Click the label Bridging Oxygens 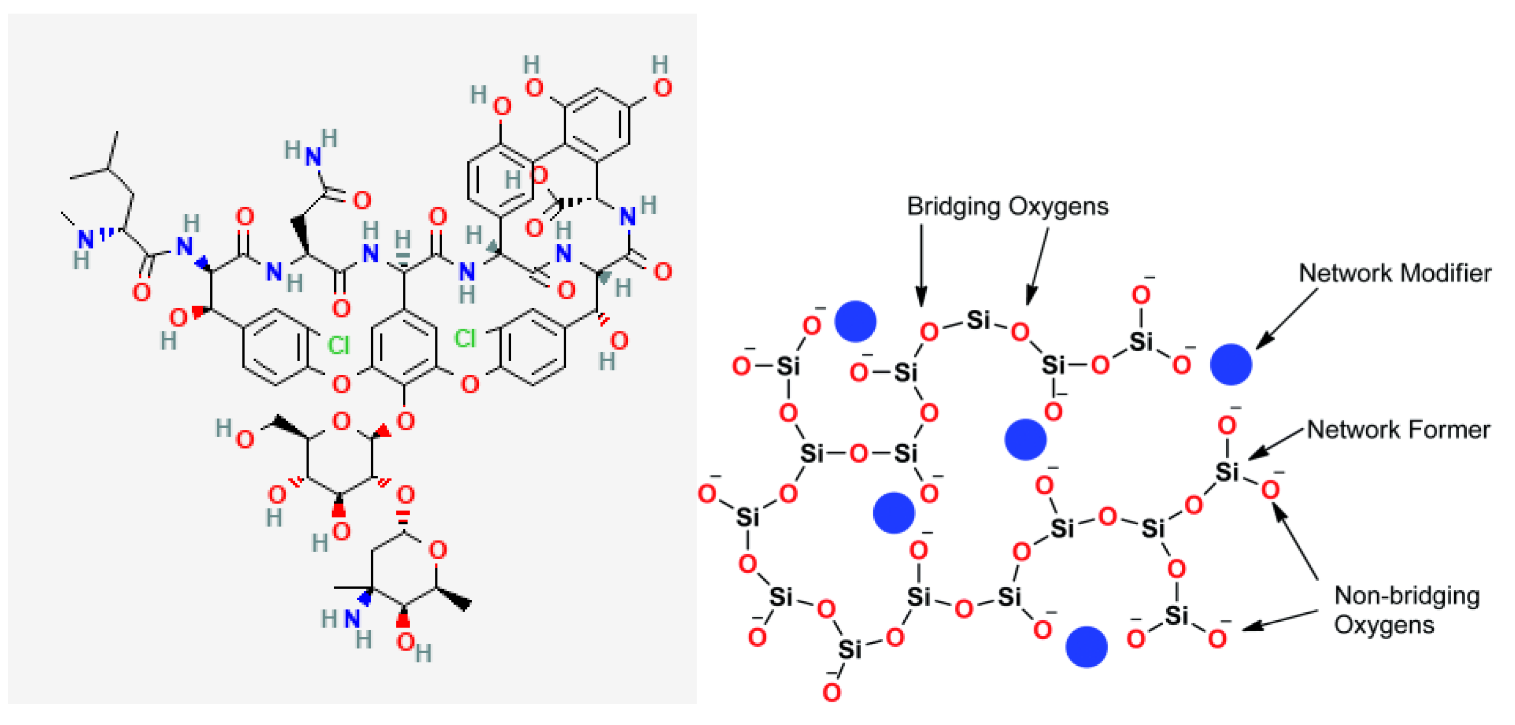click(1007, 207)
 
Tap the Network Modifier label click(1395, 273)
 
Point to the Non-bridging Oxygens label click(1406, 610)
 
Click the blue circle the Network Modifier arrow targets click(1231, 364)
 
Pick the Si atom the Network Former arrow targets click(1227, 472)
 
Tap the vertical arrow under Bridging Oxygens click(921, 265)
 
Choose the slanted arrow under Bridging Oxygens click(1038, 265)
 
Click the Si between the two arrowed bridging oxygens click(978, 320)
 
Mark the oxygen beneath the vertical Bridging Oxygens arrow click(929, 332)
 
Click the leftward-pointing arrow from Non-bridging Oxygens click(1279, 620)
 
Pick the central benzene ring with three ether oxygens click(404, 347)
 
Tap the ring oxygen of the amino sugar click(437, 550)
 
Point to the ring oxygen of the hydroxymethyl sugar click(341, 421)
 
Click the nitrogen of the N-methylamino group click(85, 240)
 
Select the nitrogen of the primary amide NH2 click(312, 157)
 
